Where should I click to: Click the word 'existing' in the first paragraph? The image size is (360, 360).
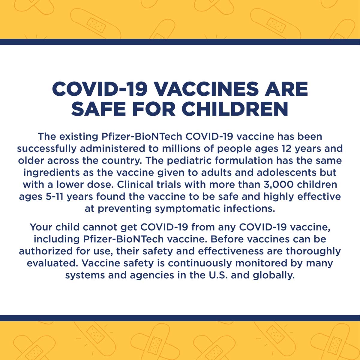(x=79, y=136)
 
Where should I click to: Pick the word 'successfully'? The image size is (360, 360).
(x=47, y=148)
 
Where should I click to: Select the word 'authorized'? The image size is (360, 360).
(x=46, y=251)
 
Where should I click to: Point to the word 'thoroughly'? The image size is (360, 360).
(x=313, y=251)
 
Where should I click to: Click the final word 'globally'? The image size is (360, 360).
(x=274, y=275)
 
